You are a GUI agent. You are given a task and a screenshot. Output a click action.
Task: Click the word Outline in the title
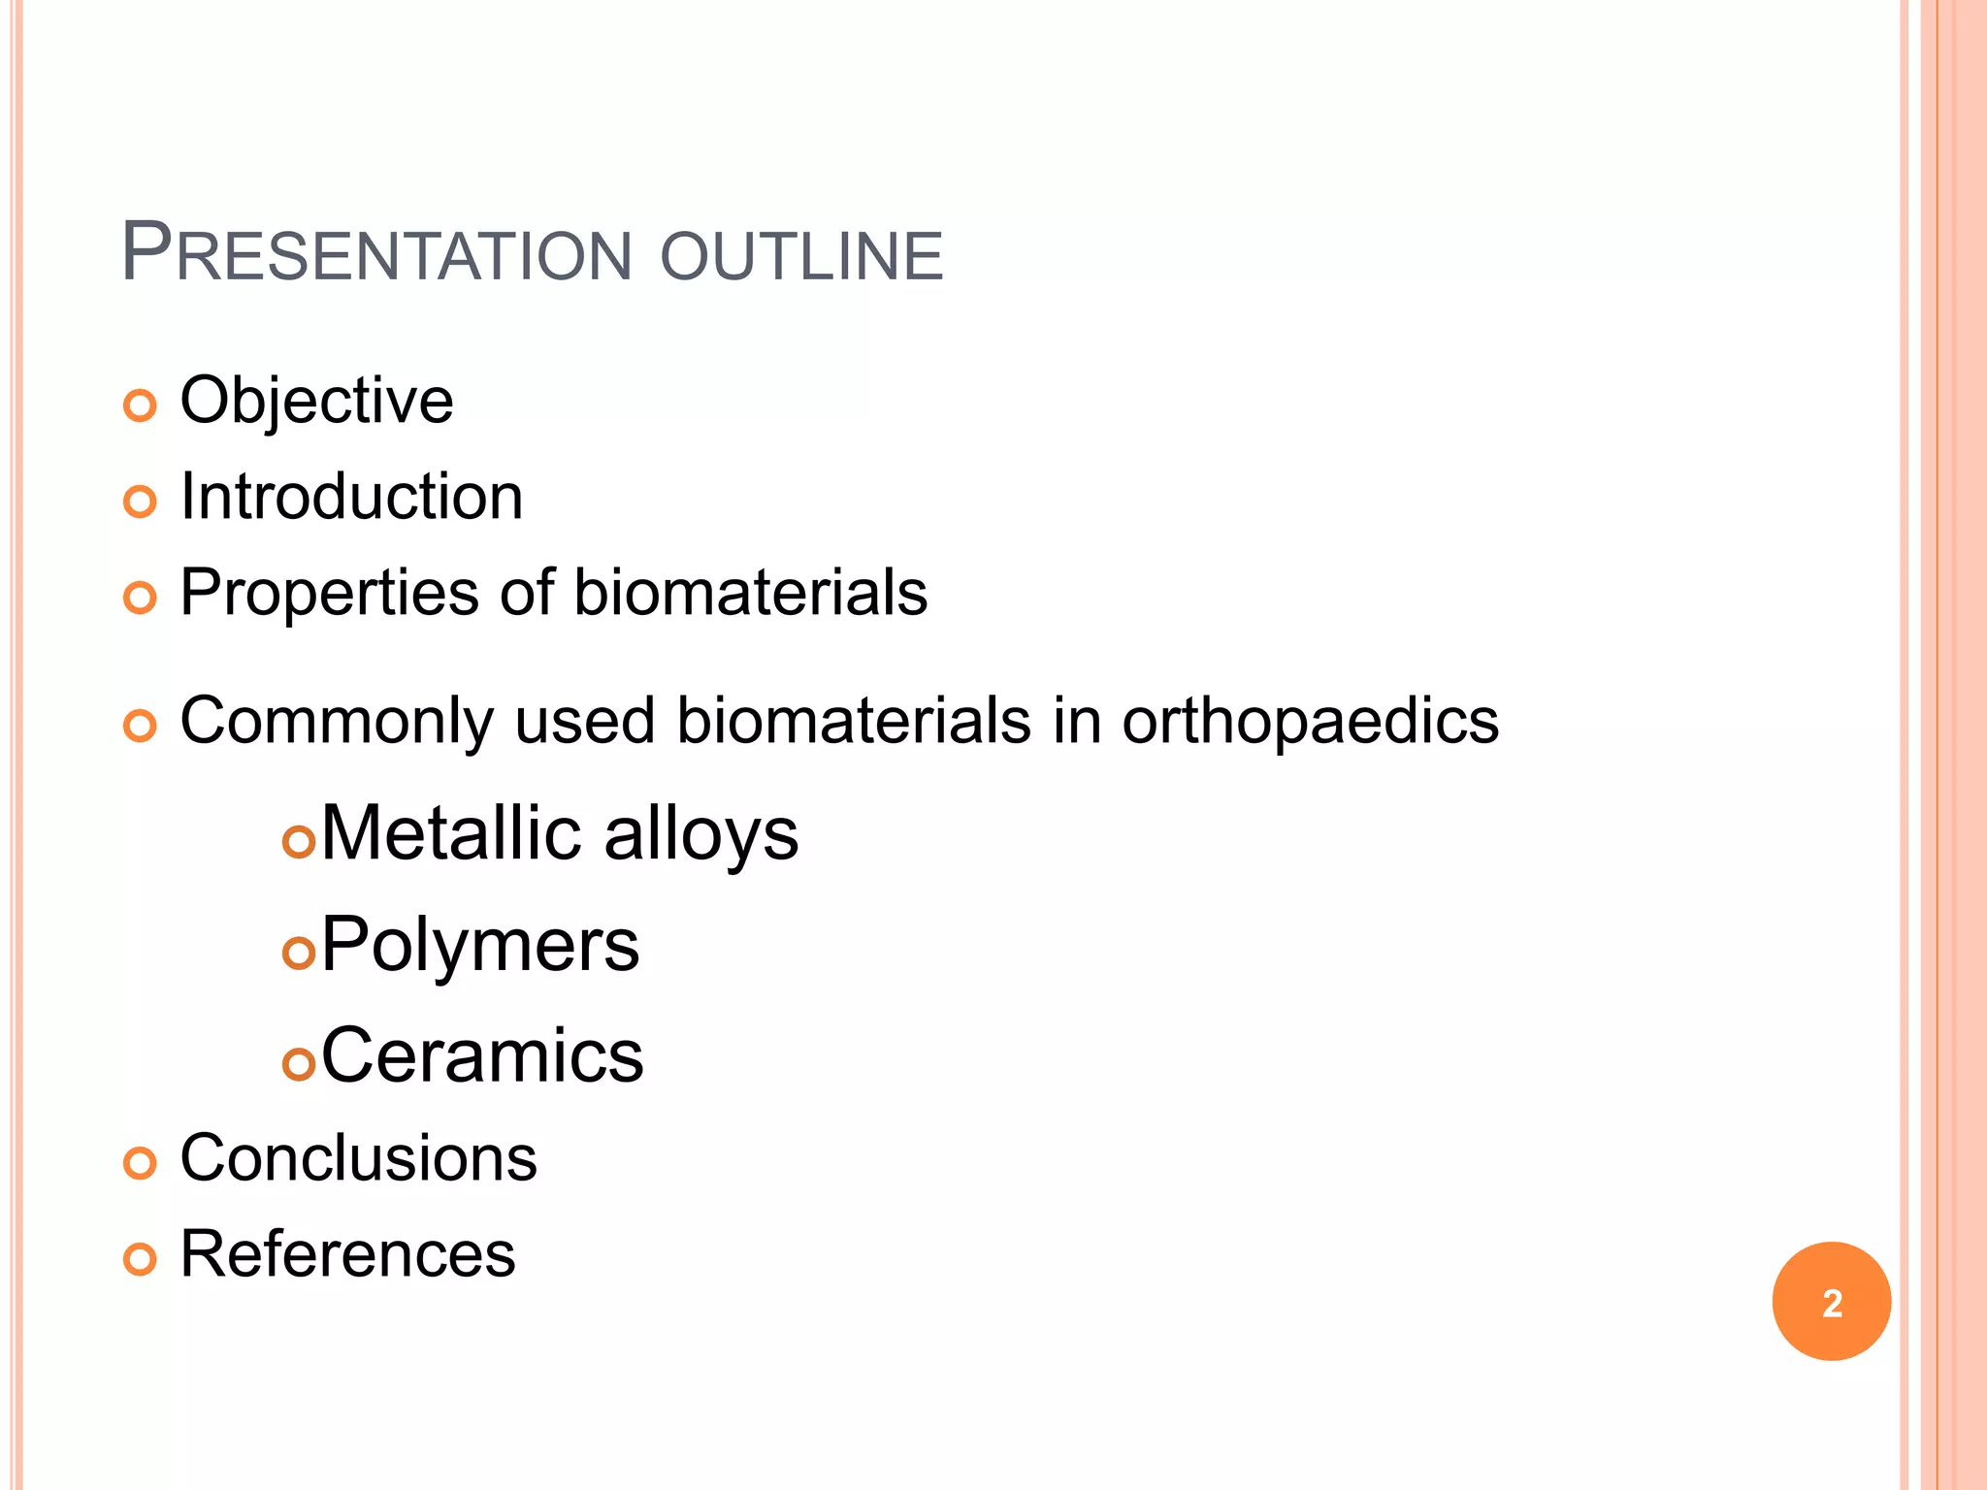[800, 256]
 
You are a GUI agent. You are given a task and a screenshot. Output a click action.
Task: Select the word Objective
[316, 401]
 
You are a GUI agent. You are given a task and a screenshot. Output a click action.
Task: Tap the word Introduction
[351, 497]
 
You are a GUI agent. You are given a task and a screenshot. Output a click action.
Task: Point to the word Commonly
[336, 721]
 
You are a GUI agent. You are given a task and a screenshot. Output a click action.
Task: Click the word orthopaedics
[1310, 721]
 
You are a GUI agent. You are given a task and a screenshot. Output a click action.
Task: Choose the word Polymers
[479, 945]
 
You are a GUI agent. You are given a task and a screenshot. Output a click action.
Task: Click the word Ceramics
[481, 1055]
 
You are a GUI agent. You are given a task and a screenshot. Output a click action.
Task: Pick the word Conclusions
[358, 1158]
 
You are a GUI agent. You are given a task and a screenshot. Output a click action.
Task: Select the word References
[347, 1254]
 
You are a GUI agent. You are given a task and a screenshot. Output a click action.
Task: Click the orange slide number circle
[1831, 1301]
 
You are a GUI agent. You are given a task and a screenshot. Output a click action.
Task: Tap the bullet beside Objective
[141, 405]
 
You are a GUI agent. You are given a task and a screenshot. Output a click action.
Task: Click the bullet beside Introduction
[141, 502]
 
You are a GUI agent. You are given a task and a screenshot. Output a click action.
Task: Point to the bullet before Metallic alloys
[299, 841]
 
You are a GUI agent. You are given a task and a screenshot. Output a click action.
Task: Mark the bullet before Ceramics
[299, 1063]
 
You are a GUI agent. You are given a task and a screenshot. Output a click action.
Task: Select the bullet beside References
[141, 1259]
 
